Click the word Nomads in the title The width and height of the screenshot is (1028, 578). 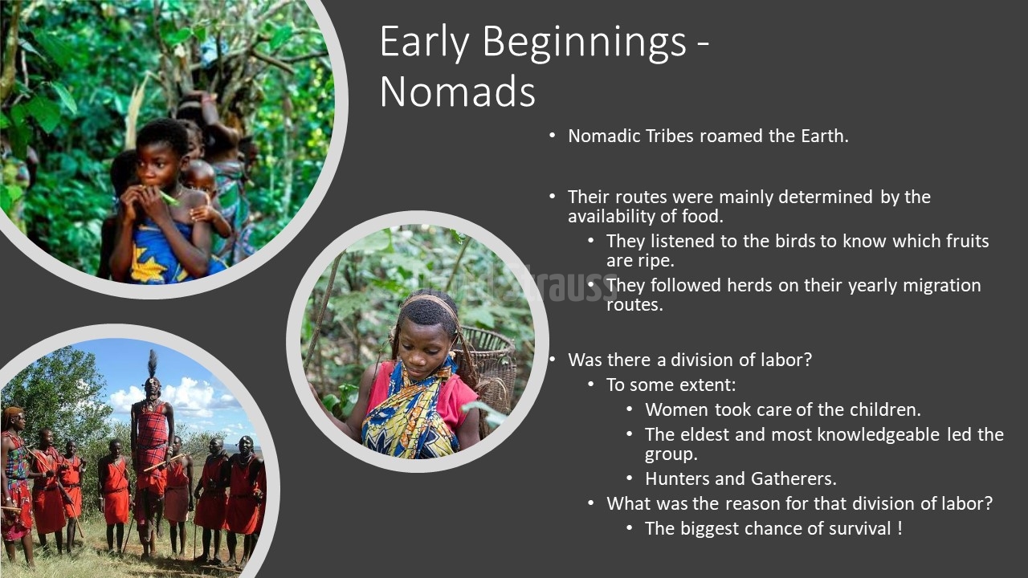pos(458,91)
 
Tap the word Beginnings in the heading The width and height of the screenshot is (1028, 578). pos(584,43)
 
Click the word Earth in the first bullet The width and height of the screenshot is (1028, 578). pos(825,136)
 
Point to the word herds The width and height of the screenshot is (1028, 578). pos(750,285)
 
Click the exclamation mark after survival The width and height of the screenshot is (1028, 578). pos(900,528)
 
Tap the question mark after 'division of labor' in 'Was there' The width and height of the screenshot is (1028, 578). pos(808,360)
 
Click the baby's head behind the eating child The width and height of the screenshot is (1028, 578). pos(200,176)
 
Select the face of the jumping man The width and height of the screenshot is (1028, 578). pos(153,390)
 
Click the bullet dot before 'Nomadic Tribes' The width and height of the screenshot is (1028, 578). pos(552,136)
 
